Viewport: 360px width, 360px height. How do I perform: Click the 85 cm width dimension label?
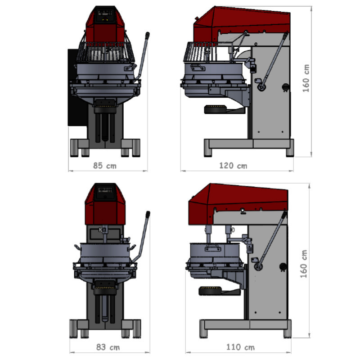point(105,166)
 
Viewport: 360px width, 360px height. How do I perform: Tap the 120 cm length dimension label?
point(233,166)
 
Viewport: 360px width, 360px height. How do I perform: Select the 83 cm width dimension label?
point(108,347)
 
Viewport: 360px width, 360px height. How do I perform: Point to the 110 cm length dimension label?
point(240,347)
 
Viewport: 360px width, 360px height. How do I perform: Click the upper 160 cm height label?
point(306,78)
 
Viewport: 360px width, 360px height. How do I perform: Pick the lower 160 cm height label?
point(303,264)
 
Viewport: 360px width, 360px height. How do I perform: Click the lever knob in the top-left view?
point(148,35)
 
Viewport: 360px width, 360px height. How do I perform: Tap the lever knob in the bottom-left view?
point(148,214)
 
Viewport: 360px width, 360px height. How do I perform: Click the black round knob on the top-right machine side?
point(286,87)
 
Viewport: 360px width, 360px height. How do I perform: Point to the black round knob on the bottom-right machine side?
point(283,266)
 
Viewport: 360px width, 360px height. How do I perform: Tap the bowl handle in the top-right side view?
point(197,67)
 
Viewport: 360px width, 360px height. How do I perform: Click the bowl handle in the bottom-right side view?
point(213,248)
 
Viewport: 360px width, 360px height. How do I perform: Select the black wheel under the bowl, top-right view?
point(215,109)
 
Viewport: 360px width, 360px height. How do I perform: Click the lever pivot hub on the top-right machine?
point(261,87)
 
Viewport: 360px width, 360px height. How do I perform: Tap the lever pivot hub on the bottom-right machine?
point(258,266)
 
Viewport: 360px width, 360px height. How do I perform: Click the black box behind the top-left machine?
point(77,87)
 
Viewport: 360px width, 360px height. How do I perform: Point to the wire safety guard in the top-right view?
point(207,52)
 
